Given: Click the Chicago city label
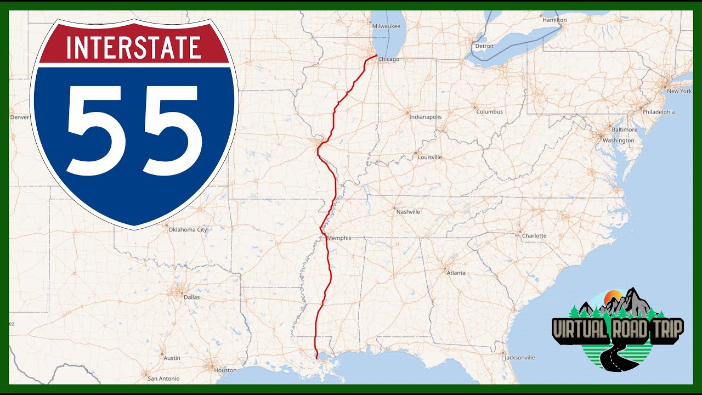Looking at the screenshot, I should (388, 59).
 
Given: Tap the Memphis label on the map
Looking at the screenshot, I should (338, 239).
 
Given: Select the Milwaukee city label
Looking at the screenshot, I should (386, 26).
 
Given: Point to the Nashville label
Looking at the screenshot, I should (408, 212).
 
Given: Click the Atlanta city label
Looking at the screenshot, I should (456, 273).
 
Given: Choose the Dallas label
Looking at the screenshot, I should (192, 297).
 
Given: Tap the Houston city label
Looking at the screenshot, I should (225, 370).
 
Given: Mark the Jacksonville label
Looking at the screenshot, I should (520, 358).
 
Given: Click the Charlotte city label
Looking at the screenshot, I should (534, 236).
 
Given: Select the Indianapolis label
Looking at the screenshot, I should (425, 117).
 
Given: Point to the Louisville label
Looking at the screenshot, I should (429, 157).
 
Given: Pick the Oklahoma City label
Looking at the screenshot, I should (188, 230).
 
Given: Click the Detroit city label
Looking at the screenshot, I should (484, 46).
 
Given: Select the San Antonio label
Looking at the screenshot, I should (164, 379).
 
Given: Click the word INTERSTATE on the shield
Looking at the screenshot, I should (133, 47).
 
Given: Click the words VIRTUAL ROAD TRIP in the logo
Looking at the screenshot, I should (618, 329).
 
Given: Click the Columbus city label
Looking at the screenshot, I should (489, 112).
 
